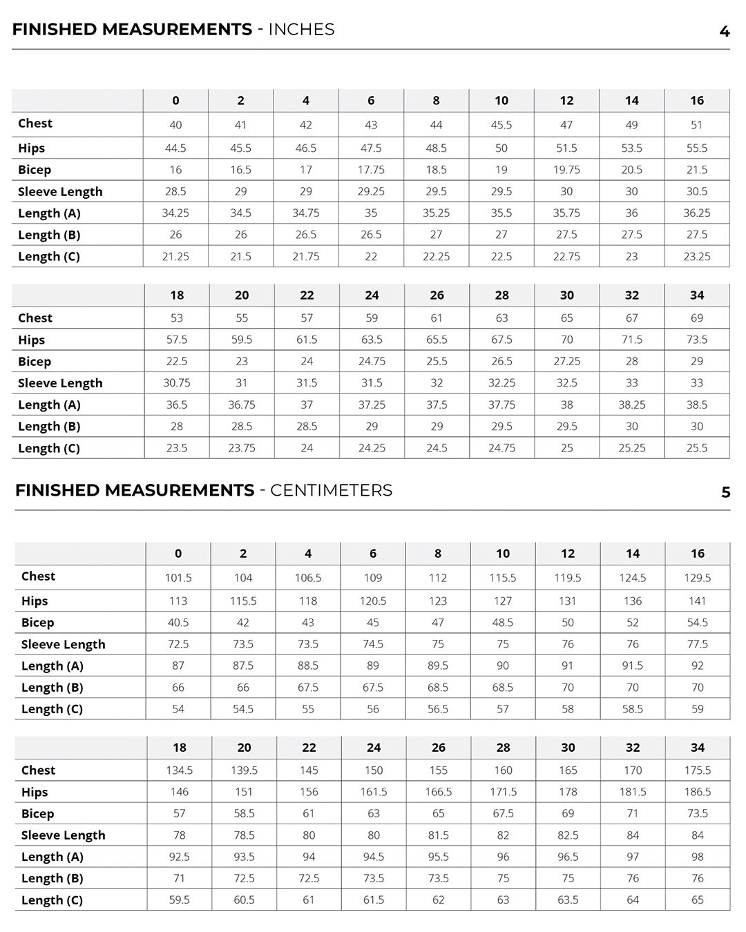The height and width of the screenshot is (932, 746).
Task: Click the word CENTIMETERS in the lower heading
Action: tap(331, 490)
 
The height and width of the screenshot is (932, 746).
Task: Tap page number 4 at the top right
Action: tap(724, 32)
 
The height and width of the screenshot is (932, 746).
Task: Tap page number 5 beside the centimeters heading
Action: tap(725, 492)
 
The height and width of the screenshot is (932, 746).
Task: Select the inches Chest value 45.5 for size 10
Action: tap(501, 125)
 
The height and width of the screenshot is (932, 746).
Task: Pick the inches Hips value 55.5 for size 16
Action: tap(696, 148)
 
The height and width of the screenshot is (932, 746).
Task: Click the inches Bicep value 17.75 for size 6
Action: tap(371, 170)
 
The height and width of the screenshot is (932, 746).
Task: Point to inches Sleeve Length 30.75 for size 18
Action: tap(177, 382)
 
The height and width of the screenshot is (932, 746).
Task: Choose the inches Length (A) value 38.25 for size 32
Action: tap(631, 405)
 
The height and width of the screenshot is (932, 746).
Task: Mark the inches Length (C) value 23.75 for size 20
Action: tap(242, 448)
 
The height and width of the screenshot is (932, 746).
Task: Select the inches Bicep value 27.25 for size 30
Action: tap(566, 361)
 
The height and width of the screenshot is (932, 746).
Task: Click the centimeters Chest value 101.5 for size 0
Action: tap(178, 578)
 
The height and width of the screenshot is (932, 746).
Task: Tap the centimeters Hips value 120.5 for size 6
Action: tap(373, 601)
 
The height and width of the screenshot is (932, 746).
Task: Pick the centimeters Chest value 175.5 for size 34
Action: tap(698, 770)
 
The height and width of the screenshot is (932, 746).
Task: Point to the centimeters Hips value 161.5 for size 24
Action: tap(374, 792)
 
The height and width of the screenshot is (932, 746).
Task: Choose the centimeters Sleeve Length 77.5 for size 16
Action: tap(698, 644)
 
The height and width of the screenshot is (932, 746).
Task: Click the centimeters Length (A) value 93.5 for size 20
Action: tap(244, 857)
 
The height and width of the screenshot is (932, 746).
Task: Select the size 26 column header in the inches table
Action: tap(437, 295)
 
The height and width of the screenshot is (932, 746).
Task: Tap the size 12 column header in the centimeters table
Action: tap(568, 554)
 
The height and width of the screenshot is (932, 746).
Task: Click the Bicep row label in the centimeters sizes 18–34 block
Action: tap(37, 813)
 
